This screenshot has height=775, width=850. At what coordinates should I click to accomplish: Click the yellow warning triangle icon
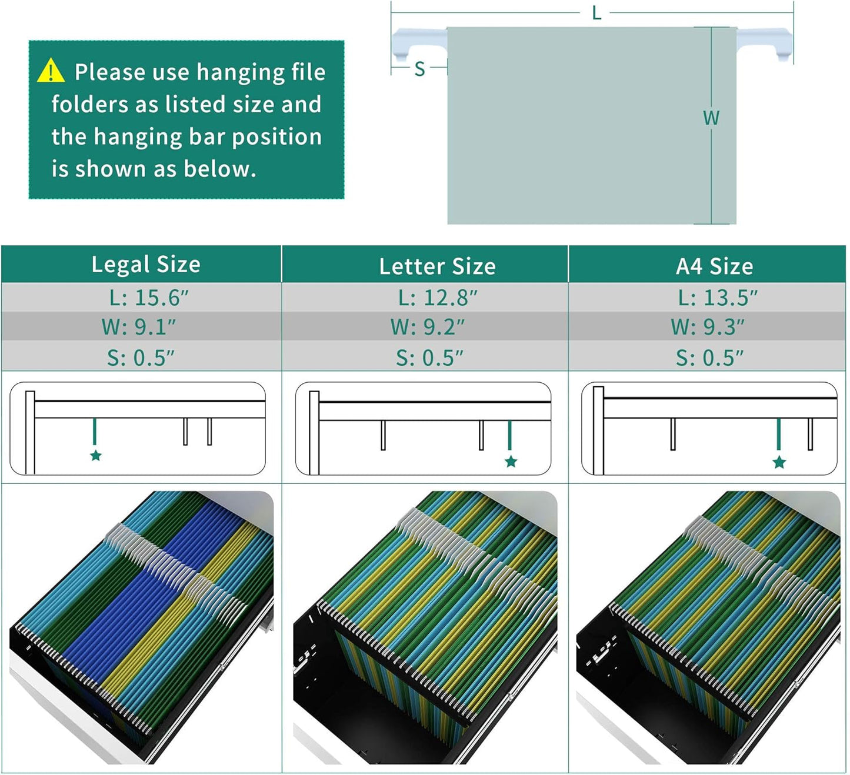[x=51, y=71]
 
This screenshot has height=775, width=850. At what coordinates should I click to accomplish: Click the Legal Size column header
[x=146, y=265]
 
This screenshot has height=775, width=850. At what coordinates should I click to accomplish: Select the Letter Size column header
[x=437, y=266]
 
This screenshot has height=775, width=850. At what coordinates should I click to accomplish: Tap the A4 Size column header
[x=714, y=266]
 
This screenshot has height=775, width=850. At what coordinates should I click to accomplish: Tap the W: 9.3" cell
[x=707, y=327]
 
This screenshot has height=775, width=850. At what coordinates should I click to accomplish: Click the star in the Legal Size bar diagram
[x=96, y=456]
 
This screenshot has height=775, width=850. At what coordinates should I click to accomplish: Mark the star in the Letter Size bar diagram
[x=511, y=462]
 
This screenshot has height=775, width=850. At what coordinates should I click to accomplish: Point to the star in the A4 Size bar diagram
[x=779, y=462]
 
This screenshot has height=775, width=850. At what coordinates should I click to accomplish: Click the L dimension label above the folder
[x=596, y=13]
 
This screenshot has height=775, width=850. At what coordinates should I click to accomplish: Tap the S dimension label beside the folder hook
[x=419, y=69]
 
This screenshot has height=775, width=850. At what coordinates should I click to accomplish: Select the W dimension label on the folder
[x=711, y=118]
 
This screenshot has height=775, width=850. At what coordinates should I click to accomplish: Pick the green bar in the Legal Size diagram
[x=95, y=432]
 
